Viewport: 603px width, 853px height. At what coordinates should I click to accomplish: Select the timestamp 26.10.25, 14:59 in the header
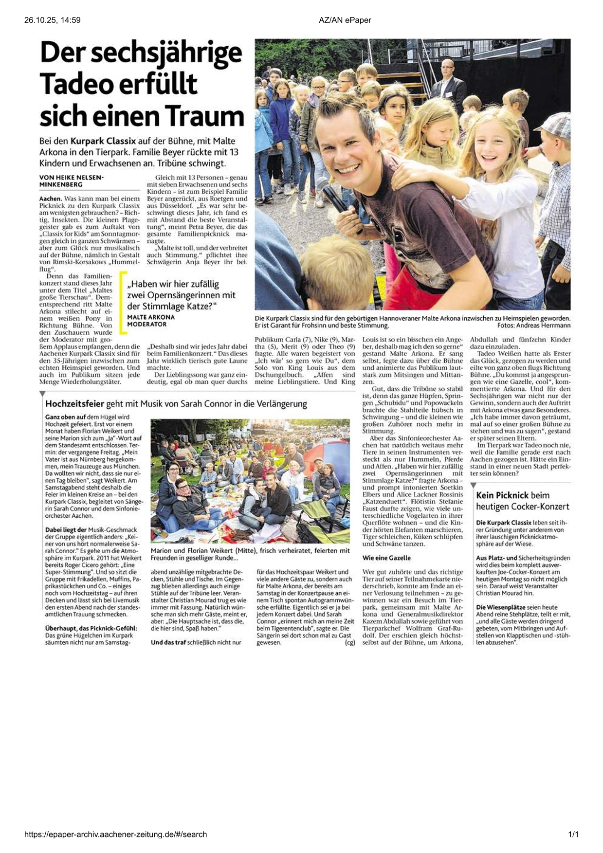[52, 20]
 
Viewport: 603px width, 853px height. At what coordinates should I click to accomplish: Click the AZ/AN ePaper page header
[345, 20]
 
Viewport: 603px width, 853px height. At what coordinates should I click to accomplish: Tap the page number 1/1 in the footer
[573, 834]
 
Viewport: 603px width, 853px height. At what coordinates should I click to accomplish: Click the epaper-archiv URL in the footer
[115, 834]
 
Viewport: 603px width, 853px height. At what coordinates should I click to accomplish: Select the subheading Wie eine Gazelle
[386, 558]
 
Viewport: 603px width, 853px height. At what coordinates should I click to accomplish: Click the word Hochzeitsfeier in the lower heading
[74, 404]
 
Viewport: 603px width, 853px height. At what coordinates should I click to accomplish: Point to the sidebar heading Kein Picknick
[502, 495]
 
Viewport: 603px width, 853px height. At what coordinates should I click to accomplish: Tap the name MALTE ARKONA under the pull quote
[151, 317]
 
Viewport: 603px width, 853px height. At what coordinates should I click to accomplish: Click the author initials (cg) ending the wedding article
[350, 642]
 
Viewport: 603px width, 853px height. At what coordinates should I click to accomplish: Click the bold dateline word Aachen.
[50, 199]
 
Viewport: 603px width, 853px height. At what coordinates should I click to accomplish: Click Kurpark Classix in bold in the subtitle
[103, 141]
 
